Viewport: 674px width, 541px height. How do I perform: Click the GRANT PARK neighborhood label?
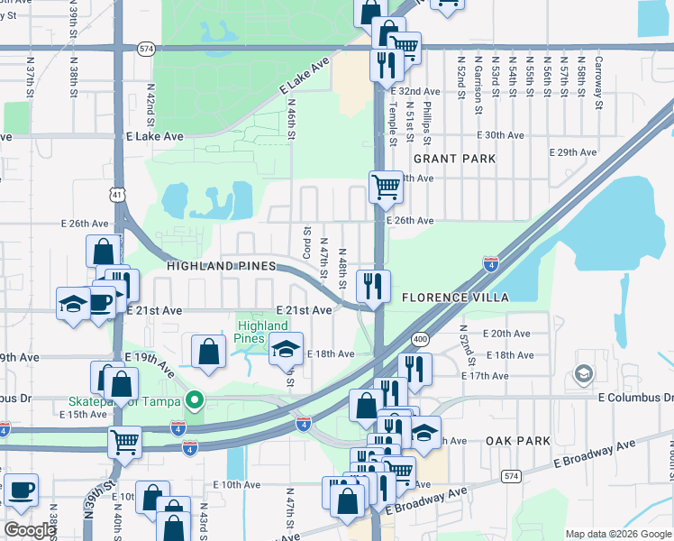454,159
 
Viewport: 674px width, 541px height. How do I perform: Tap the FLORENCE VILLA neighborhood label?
455,297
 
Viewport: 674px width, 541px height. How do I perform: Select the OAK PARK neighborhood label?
517,441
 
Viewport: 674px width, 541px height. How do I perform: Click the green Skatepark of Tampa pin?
192,400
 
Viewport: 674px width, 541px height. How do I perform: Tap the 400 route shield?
420,339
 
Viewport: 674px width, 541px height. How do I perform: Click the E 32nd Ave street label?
414,92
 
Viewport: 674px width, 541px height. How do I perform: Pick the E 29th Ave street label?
577,152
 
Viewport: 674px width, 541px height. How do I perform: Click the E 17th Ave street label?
484,375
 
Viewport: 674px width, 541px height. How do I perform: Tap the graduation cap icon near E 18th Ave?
286,348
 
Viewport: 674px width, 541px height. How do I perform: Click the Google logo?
30,530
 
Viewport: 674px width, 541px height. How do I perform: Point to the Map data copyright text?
618,534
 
